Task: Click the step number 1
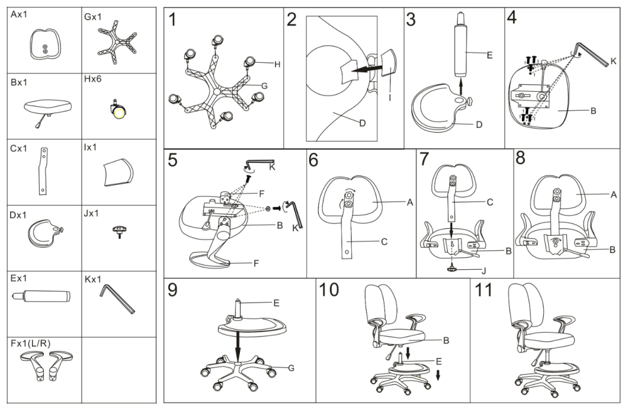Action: coord(173,19)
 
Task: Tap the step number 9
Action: coord(172,290)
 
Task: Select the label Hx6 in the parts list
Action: coord(92,79)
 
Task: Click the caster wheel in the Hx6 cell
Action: coord(118,109)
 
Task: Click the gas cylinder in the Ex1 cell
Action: coord(41,296)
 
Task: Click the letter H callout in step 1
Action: coord(277,64)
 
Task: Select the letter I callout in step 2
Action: coord(390,97)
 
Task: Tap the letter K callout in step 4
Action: coord(613,62)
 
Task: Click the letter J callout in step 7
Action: coord(484,271)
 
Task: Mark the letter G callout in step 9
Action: coord(291,368)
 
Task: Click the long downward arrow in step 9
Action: coord(238,346)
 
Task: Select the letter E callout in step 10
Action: coord(438,362)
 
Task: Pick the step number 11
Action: coord(483,289)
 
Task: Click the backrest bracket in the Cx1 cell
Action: coord(43,171)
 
